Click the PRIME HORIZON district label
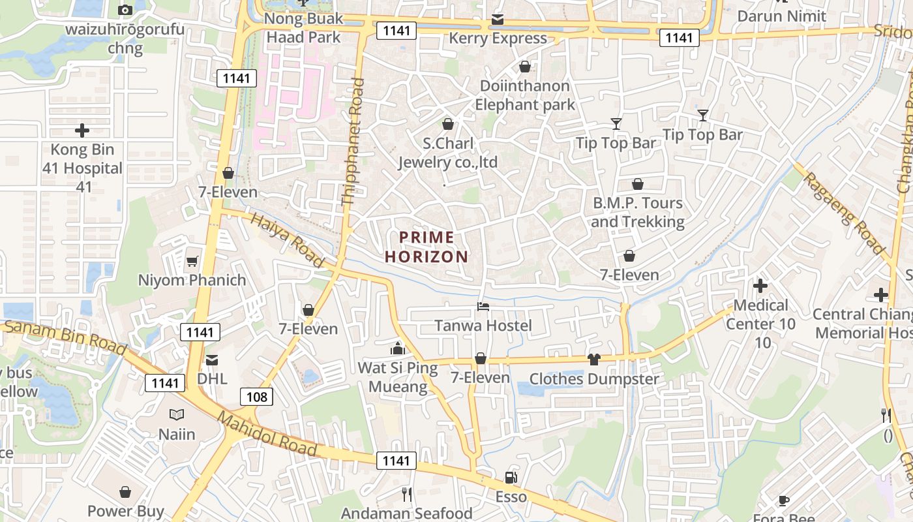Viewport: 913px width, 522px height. click(427, 247)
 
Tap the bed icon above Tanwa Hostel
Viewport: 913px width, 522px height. click(483, 306)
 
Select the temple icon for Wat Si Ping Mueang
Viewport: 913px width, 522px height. click(398, 348)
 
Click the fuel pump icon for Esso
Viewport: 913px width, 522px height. click(511, 478)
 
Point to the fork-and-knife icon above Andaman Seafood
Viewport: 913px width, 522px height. click(407, 495)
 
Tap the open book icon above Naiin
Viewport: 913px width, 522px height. click(177, 414)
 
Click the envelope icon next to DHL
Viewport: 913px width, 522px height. click(212, 360)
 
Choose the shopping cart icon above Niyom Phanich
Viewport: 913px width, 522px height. click(192, 261)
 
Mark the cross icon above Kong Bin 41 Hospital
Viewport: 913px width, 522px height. click(82, 130)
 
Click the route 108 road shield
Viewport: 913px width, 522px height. click(256, 397)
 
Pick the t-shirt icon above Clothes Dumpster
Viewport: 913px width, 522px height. click(593, 359)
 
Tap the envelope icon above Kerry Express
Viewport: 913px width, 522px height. click(498, 20)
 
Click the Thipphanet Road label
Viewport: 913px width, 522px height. click(353, 142)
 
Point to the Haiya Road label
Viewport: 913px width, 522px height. click(288, 241)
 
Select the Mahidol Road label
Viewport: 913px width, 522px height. click(267, 434)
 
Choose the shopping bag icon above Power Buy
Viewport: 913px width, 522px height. click(125, 492)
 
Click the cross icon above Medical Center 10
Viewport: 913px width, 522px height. click(760, 286)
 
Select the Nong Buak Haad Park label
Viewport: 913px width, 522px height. click(303, 27)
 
